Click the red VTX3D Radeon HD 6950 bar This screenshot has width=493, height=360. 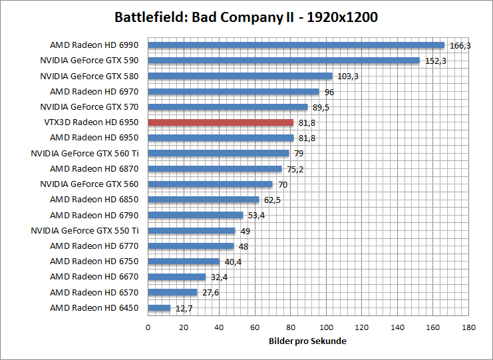pos(220,122)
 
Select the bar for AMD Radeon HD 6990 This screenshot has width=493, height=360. pos(296,45)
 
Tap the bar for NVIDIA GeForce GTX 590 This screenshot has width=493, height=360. pos(283,61)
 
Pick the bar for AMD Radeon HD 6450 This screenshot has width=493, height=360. pos(159,307)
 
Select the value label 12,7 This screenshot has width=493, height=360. pos(182,307)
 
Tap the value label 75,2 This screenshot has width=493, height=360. pos(295,169)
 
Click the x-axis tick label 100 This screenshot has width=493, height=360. pos(327,327)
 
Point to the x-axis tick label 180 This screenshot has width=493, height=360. pos(469,327)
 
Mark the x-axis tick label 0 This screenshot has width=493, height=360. pos(148,327)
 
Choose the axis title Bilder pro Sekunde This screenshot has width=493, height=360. pos(308,341)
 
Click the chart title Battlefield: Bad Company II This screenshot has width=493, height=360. pos(246,17)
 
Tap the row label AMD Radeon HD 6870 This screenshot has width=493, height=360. pos(94,169)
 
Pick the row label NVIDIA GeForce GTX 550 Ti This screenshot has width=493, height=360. pos(85,231)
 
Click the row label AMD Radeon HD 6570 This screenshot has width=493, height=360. pos(94,292)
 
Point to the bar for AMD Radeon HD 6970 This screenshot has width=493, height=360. pos(234,92)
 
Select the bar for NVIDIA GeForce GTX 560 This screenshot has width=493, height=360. pos(210,184)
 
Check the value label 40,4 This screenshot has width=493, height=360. pos(232,262)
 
